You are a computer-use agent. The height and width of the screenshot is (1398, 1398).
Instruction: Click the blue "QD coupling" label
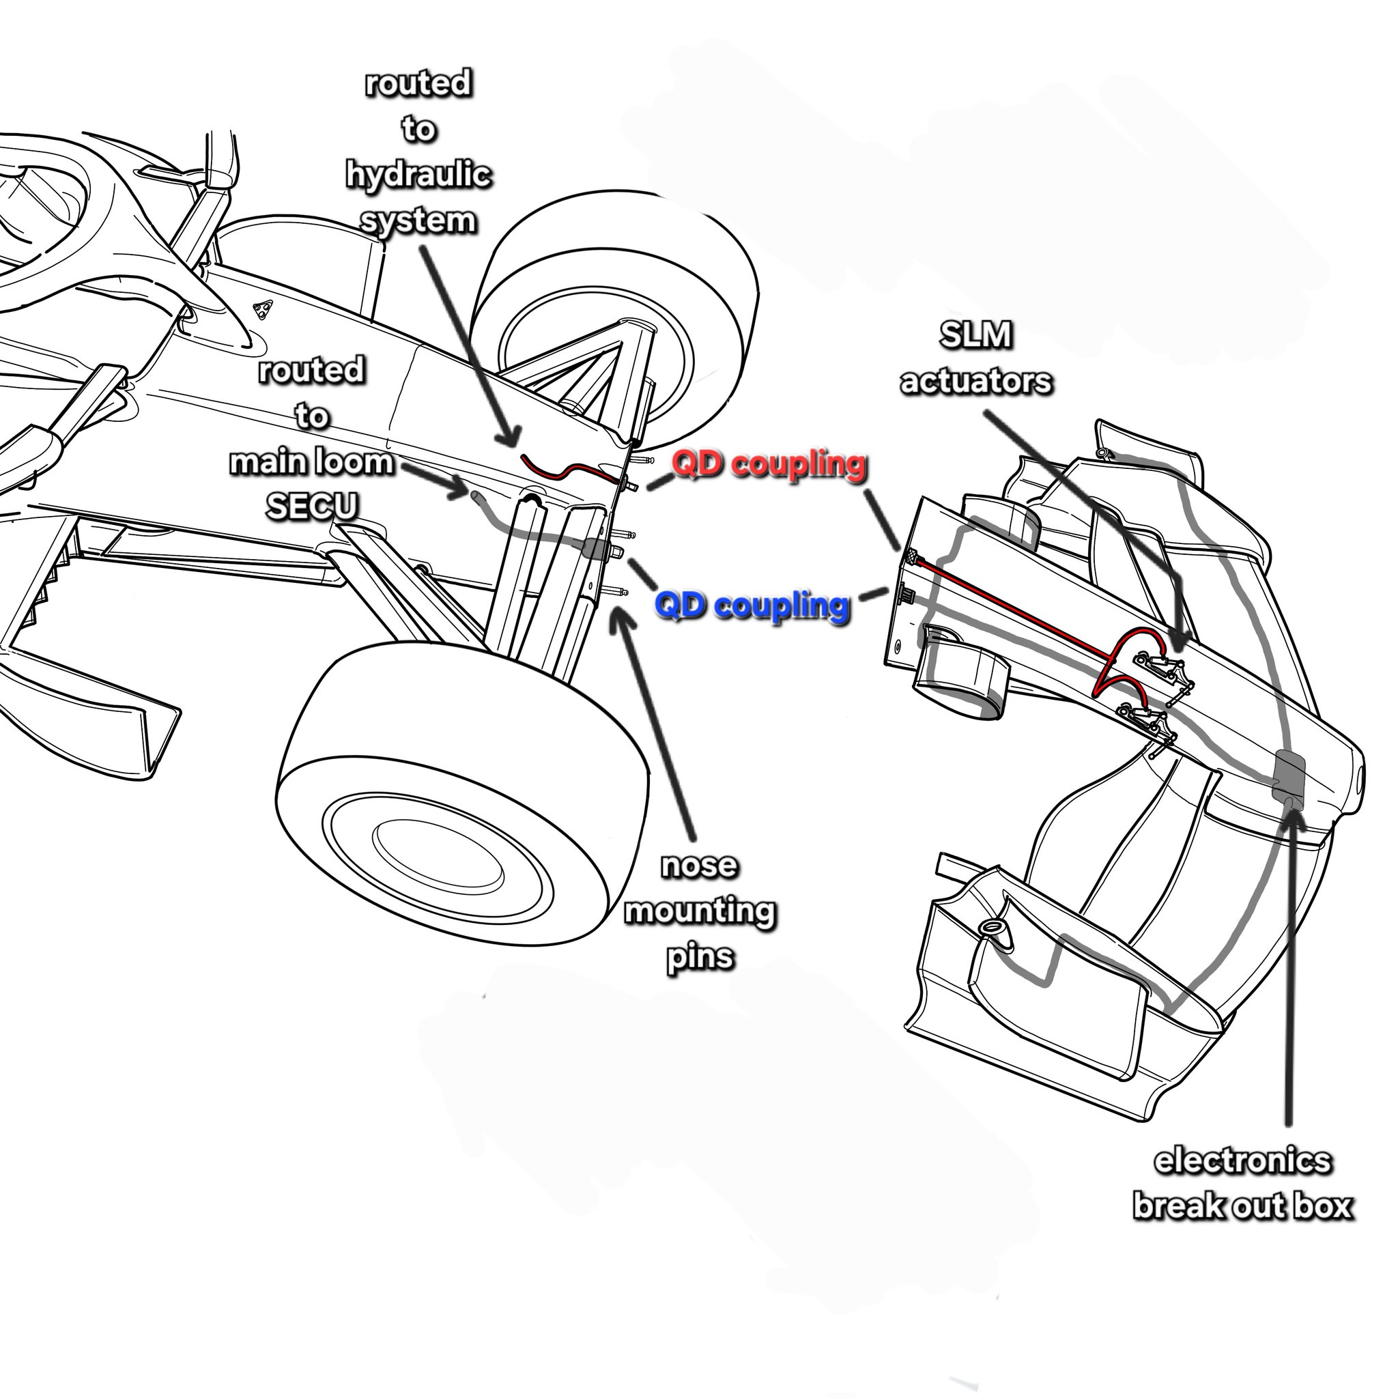point(751,605)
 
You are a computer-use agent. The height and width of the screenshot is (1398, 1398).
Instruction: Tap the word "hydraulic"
point(418,175)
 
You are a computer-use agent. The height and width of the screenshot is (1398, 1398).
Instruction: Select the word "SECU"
point(312,507)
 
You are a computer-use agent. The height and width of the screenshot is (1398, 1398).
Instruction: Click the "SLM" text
point(975,335)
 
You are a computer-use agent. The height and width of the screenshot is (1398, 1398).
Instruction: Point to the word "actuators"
point(975,382)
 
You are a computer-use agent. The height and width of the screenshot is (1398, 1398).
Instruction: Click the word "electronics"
point(1242,1182)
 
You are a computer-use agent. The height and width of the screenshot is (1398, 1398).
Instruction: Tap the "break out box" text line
point(1242,1227)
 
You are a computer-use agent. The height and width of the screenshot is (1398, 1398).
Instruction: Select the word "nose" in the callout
point(699,866)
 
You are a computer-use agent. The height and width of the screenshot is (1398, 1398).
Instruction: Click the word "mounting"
point(699,912)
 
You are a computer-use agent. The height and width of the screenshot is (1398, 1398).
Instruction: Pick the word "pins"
point(699,957)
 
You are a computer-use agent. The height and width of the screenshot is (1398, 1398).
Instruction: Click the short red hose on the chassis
point(571,471)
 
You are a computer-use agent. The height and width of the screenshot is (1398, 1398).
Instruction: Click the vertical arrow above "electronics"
point(1289,977)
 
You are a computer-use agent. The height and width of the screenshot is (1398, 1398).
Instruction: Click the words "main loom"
point(312,461)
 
